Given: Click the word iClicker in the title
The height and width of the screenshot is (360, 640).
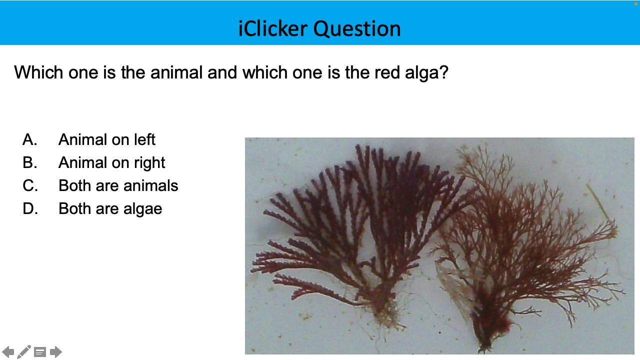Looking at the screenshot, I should [x=273, y=28].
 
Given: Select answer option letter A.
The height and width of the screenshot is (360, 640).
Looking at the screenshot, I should [x=29, y=139].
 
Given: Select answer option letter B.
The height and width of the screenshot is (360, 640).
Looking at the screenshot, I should [x=29, y=162].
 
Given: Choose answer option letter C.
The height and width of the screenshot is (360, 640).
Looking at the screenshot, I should [x=30, y=185].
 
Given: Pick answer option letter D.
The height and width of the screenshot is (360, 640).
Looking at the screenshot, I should [x=30, y=208].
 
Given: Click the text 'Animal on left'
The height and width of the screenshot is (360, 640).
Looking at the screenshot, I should [x=106, y=139].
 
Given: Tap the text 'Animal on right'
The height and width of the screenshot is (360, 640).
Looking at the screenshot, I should [x=111, y=162].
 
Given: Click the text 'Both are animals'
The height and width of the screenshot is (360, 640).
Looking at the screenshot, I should [x=118, y=185].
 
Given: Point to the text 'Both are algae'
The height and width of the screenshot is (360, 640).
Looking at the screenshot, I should [x=110, y=208].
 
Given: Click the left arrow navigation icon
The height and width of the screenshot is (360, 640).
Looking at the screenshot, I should [x=8, y=352].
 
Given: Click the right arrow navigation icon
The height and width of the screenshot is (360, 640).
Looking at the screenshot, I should [x=56, y=352].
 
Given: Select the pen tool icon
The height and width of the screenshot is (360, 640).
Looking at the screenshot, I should [x=24, y=352].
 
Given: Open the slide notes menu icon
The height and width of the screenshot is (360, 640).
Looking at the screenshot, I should [x=40, y=352].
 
